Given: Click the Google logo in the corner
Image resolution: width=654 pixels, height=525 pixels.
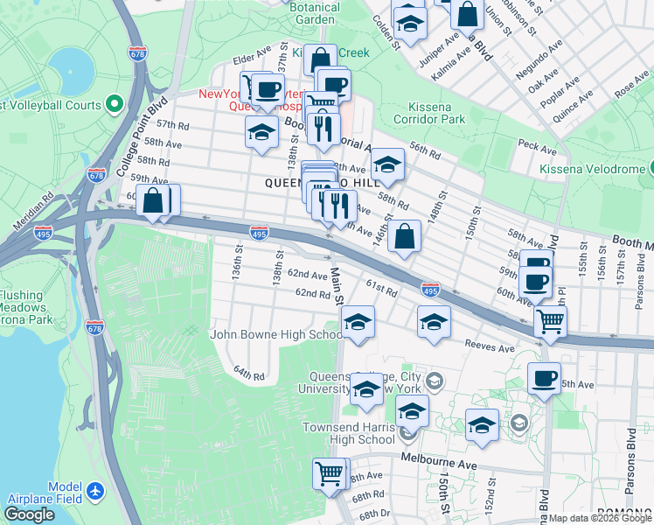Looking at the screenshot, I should pos(29,514).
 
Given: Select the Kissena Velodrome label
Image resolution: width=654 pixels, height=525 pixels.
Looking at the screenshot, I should pos(592,168).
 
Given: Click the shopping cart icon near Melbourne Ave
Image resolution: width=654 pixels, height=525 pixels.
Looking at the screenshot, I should pos(329,473).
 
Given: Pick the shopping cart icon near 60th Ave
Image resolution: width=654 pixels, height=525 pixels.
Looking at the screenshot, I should pos(550,321).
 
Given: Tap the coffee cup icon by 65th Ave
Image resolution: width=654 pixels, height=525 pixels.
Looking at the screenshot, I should pos(544,378).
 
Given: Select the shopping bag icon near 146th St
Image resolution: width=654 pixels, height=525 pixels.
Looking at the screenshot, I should pos(405,235).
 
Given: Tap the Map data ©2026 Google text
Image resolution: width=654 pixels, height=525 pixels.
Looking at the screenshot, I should pos(601,518).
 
